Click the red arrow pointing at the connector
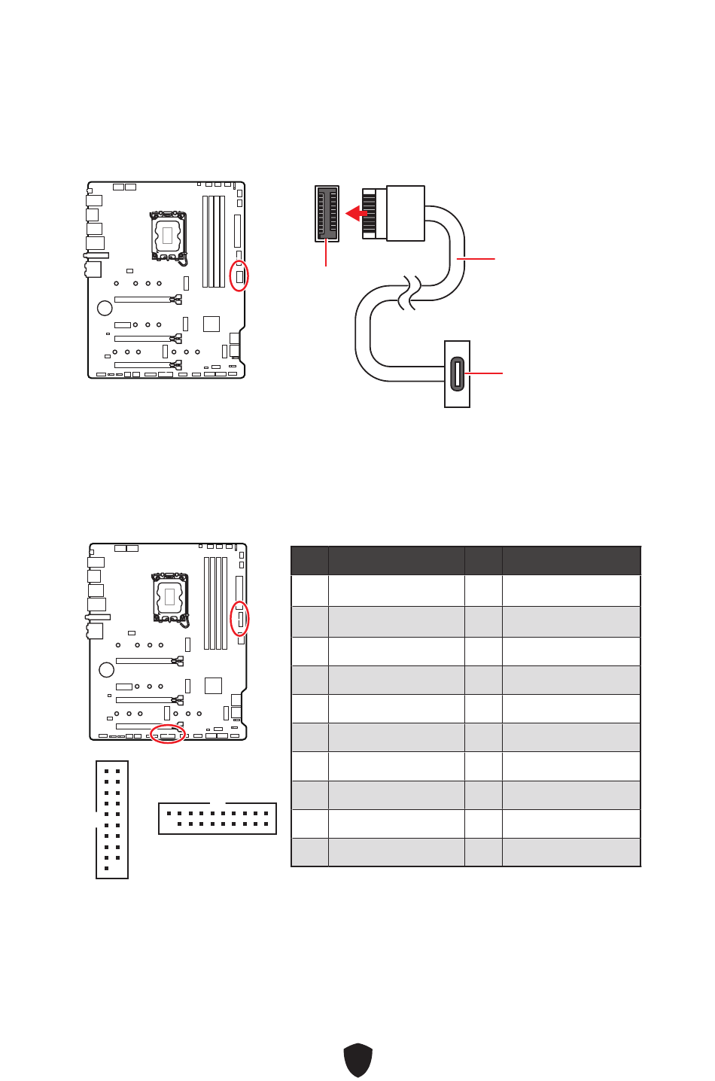356,214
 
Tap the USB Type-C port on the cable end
457,374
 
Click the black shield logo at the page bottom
358,1060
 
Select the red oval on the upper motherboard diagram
239,276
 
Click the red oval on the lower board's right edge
239,619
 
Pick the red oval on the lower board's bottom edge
167,734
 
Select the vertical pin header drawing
112,820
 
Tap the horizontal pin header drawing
218,818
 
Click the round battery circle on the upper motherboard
105,308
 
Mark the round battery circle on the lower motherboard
107,669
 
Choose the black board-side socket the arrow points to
327,214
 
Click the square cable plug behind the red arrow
406,213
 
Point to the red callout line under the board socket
326,254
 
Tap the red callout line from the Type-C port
483,373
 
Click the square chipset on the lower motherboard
213,686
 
